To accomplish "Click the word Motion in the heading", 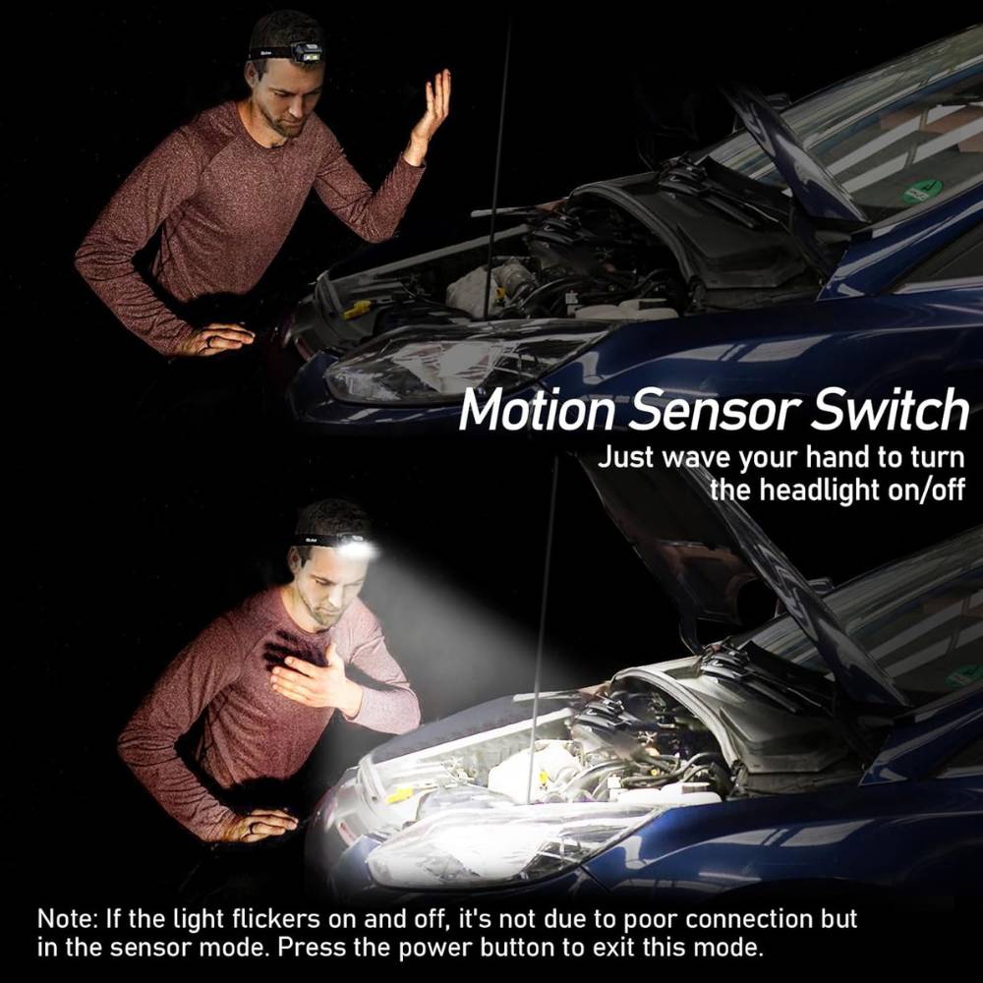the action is click(537, 410).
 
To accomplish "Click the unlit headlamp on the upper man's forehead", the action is click(307, 51).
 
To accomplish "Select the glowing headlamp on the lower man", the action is click(355, 548).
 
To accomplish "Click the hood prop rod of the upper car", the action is click(497, 169).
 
